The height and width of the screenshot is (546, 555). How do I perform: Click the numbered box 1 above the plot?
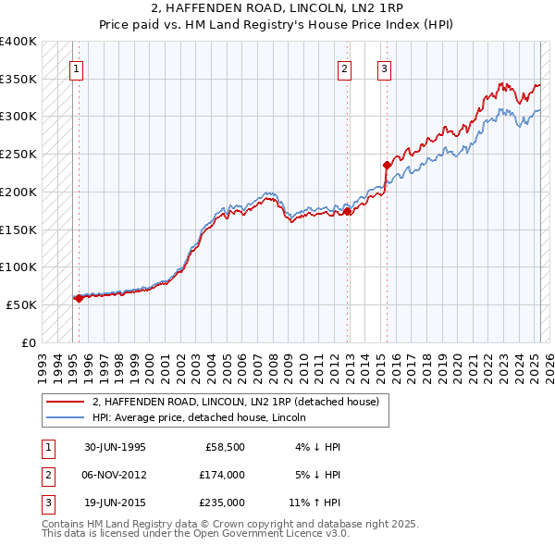click(75, 68)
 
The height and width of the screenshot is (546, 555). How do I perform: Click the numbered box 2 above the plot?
click(344, 68)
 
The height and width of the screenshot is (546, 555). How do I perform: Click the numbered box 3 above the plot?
click(384, 68)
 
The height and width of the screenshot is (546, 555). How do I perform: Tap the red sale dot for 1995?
click(79, 298)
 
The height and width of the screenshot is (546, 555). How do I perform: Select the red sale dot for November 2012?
click(348, 211)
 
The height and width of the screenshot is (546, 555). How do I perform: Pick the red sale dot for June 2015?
click(388, 166)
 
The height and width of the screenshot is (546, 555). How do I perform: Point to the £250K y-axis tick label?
click(18, 154)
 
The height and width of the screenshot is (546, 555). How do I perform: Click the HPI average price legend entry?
click(204, 417)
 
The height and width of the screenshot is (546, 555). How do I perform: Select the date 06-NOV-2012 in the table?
click(115, 475)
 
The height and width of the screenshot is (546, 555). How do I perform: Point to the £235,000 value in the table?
click(222, 503)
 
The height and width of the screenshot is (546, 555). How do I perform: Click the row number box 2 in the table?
click(47, 475)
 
